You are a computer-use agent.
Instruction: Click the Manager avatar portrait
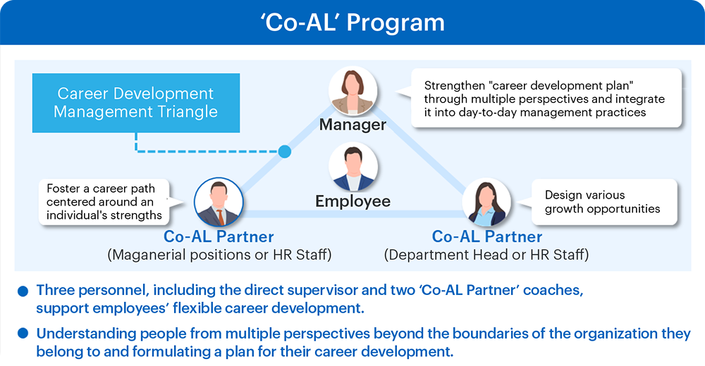pos(353,91)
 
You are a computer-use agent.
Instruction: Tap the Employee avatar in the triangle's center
pos(353,167)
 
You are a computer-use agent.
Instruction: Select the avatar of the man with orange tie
pos(219,201)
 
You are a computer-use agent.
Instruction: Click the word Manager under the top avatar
pos(352,125)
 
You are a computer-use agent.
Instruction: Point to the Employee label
pos(353,201)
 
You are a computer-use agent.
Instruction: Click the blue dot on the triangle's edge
pos(284,151)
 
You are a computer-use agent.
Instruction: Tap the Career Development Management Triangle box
pos(136,103)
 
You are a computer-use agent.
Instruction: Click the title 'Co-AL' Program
pos(352,22)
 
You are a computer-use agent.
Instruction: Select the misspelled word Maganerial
pos(148,255)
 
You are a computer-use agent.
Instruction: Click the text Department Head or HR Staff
pos(486,255)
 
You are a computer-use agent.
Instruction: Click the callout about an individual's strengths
pos(104,201)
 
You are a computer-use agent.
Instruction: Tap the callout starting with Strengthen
pos(546,99)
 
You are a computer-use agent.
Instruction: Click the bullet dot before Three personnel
pos(23,291)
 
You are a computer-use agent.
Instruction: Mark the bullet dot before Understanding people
pos(23,334)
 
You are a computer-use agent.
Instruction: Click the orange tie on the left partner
pos(220,217)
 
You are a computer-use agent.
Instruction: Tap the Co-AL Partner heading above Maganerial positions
pos(219,236)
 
